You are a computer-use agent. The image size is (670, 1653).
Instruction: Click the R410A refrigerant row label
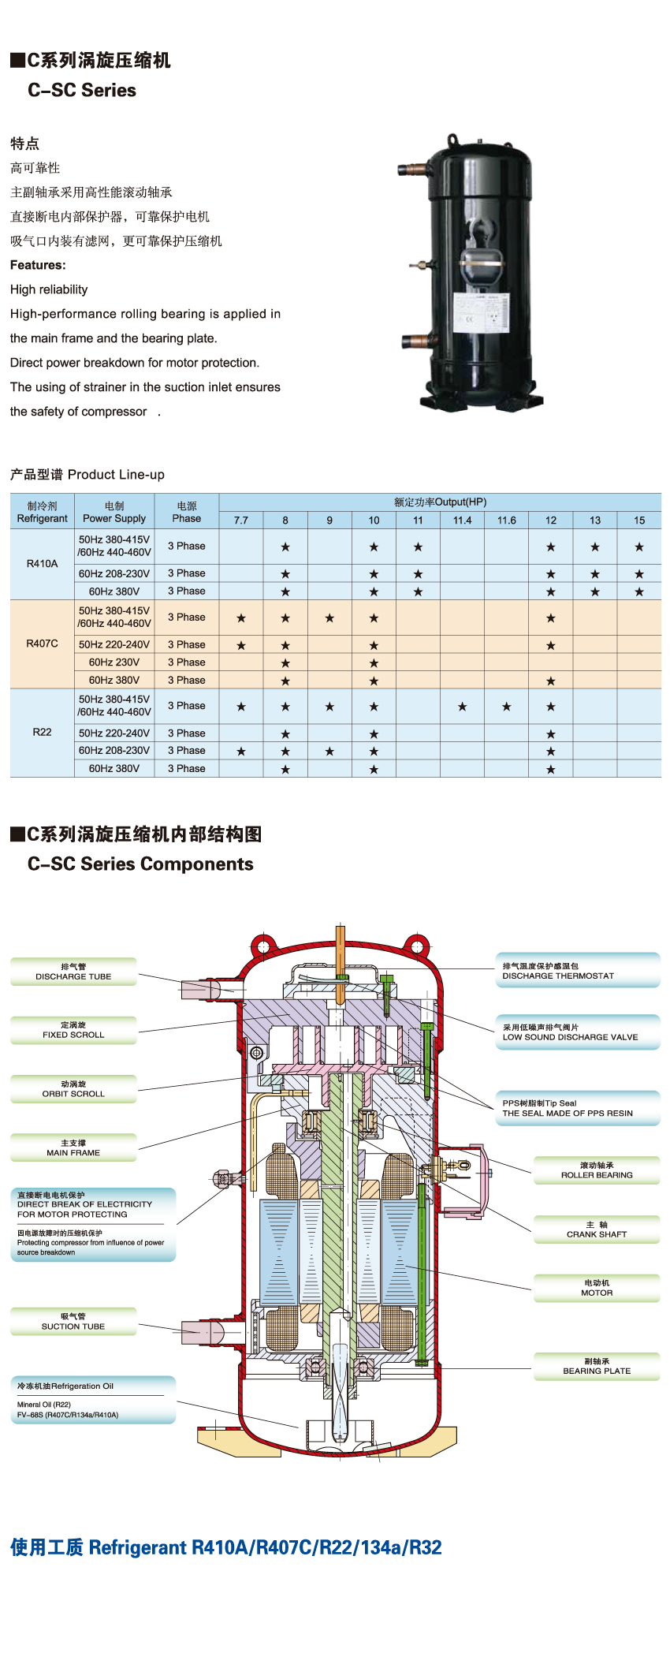42,564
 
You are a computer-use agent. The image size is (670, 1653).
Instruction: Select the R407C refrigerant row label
42,644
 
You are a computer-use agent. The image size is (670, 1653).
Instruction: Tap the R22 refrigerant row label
42,732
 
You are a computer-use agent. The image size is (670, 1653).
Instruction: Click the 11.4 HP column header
462,521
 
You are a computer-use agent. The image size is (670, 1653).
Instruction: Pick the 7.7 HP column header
241,521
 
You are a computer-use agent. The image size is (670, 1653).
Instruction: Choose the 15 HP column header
639,521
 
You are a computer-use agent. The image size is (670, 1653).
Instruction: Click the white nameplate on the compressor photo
481,316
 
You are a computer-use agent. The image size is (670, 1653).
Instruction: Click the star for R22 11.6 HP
507,707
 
